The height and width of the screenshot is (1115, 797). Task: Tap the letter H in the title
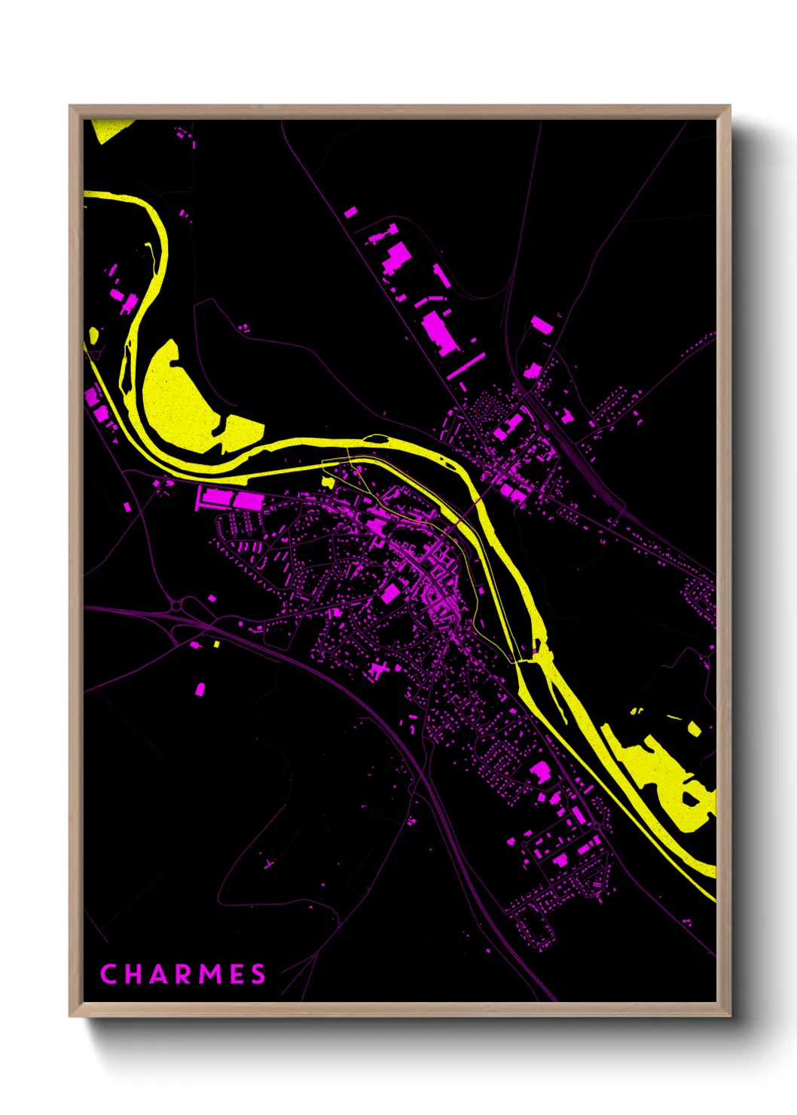pyautogui.click(x=132, y=974)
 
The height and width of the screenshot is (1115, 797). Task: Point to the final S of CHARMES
pyautogui.click(x=258, y=974)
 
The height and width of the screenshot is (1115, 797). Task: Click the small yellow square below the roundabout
pyautogui.click(x=216, y=644)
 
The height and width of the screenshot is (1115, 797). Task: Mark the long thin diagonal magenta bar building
pyautogui.click(x=466, y=365)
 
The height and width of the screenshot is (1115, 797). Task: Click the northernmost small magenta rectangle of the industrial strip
pyautogui.click(x=350, y=212)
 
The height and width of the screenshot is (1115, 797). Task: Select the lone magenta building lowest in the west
pyautogui.click(x=200, y=689)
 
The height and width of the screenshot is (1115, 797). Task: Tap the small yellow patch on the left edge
pyautogui.click(x=93, y=335)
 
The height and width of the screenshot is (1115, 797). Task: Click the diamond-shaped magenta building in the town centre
pyautogui.click(x=389, y=594)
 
